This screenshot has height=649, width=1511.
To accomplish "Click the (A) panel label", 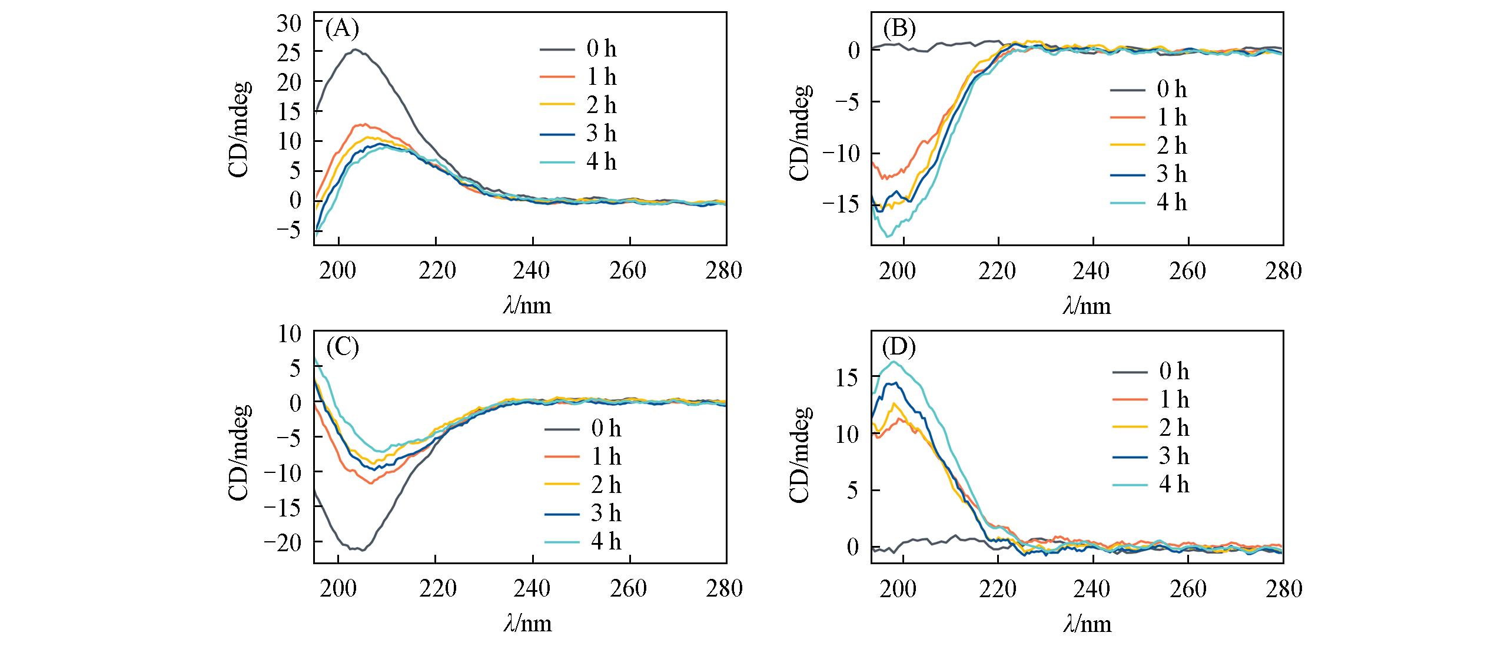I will coord(342,28).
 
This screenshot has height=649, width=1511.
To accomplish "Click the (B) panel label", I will coord(900,28).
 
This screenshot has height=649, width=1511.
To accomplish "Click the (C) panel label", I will coord(342,348).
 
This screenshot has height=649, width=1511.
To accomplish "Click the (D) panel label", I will coord(900,348).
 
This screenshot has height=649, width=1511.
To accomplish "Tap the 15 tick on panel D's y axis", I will coord(848,377).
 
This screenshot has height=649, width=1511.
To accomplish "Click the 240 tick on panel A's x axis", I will coord(532,271).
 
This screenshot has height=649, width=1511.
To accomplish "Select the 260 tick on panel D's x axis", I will coord(1188,590).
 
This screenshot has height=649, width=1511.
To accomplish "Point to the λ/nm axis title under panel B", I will coord(1087,305).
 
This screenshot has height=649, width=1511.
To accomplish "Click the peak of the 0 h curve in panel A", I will coord(356,49).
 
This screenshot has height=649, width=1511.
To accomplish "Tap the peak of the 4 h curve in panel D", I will coord(894,362).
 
